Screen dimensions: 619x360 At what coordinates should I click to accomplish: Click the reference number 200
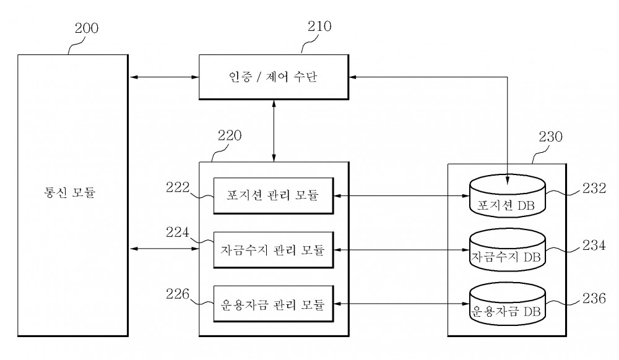[87, 28]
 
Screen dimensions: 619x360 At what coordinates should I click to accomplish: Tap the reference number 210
[319, 27]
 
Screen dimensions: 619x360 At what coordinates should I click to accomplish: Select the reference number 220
[230, 135]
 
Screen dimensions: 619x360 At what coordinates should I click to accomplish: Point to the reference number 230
[550, 137]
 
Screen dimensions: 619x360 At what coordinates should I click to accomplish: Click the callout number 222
[178, 187]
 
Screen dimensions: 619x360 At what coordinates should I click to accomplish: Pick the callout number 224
[177, 232]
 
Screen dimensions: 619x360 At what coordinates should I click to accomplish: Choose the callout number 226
[178, 294]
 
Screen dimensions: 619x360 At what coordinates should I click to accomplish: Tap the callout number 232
[594, 189]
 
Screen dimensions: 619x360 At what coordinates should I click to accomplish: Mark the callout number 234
[594, 246]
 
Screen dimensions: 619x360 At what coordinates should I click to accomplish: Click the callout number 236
[594, 299]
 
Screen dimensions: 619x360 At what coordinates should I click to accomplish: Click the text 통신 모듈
[69, 192]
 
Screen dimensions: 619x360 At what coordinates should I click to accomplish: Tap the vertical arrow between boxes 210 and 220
[274, 131]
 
